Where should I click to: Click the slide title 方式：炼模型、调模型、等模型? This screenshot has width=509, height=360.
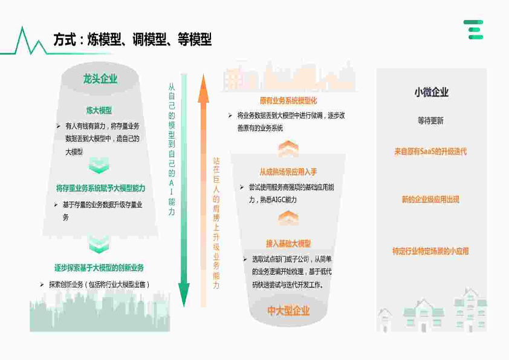pyautogui.click(x=132, y=40)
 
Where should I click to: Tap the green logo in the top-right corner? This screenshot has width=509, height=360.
pyautogui.click(x=473, y=30)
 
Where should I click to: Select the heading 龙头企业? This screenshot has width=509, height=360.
pyautogui.click(x=100, y=79)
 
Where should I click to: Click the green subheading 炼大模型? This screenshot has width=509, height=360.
pyautogui.click(x=99, y=111)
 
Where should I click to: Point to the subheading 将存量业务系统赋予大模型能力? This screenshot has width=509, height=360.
pyautogui.click(x=100, y=188)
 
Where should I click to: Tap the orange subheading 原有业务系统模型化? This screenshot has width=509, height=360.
pyautogui.click(x=288, y=100)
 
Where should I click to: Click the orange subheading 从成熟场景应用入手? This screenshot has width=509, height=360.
pyautogui.click(x=288, y=172)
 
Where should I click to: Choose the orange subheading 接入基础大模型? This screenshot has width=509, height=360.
pyautogui.click(x=288, y=243)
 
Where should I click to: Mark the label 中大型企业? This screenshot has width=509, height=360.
pyautogui.click(x=288, y=310)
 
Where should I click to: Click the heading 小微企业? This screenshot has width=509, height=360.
pyautogui.click(x=431, y=93)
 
